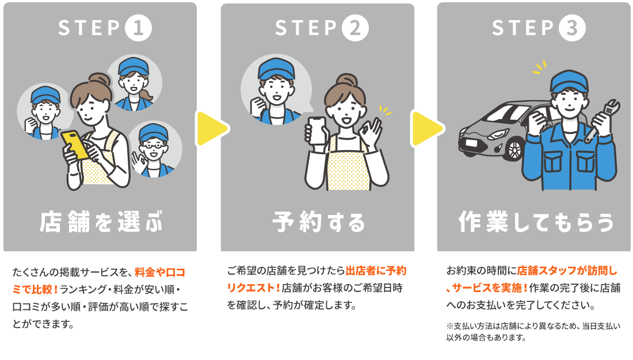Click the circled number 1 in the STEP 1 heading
(138, 28)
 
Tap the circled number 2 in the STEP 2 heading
(354, 28)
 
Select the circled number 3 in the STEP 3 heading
(571, 28)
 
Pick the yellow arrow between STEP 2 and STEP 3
(425, 128)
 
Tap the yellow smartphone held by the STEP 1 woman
(75, 145)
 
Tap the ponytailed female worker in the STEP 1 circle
(134, 81)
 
